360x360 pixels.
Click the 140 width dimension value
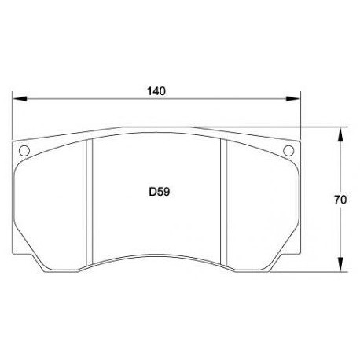[x=156, y=90]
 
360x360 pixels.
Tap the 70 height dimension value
[x=340, y=200]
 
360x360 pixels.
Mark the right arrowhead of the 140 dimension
[x=296, y=99]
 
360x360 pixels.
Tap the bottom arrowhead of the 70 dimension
[x=340, y=266]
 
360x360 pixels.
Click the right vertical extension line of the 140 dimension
[x=301, y=118]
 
